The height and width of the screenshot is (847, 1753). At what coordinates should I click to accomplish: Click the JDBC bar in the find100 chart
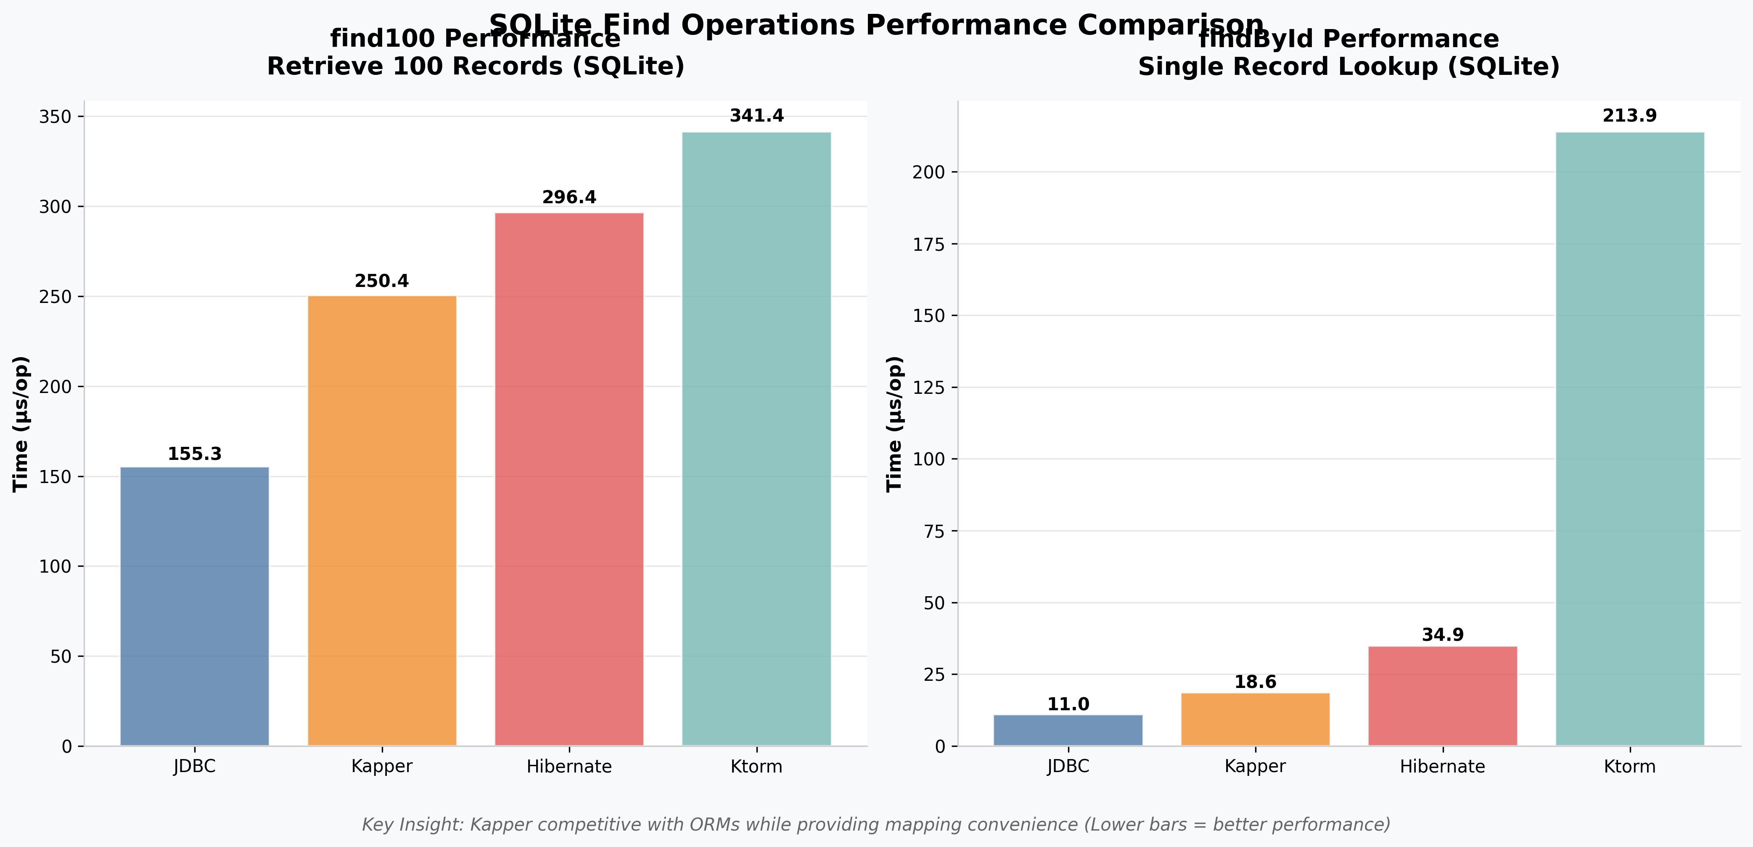tap(195, 606)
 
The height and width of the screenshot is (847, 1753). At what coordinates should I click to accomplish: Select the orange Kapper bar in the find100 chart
tap(382, 521)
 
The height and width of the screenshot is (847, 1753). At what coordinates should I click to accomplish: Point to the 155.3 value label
tap(195, 454)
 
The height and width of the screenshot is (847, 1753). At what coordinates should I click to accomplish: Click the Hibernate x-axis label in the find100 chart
tap(569, 767)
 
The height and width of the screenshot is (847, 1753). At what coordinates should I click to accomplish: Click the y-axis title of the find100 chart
tap(21, 423)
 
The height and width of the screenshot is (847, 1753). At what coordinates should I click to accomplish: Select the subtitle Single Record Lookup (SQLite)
tap(1349, 67)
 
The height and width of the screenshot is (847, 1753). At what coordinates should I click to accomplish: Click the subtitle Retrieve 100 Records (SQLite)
tap(475, 67)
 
